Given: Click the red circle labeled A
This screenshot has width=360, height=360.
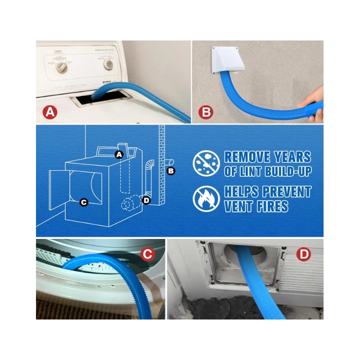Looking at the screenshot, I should point(50,112).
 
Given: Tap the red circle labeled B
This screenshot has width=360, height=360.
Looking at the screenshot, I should point(206,112).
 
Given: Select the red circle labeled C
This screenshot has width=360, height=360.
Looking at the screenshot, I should point(147,254).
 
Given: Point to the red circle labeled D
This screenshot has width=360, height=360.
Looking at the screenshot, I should point(305,254).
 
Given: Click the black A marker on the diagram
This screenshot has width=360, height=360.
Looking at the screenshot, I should point(119,155).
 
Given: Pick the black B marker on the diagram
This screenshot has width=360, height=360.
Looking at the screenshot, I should point(171,170).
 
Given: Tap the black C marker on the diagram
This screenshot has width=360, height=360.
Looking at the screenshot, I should point(84,202).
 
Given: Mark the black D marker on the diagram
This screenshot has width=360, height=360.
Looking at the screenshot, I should point(146,200).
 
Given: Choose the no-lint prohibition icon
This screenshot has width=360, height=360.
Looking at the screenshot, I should point(206,163).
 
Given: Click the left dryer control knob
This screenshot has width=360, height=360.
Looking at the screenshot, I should point(62,67).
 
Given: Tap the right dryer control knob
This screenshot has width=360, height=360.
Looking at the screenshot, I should point(108,64).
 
